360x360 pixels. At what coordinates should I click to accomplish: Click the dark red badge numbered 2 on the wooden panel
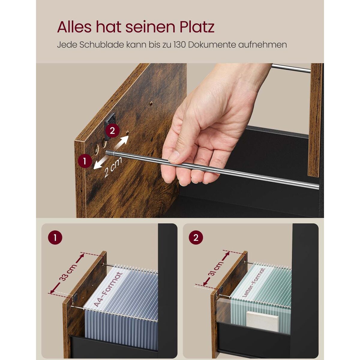pos(112,131)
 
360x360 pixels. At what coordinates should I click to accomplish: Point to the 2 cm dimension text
pos(113,167)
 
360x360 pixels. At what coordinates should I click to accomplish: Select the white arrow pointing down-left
pos(100,163)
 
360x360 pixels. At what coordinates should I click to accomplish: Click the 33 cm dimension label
pos(68,273)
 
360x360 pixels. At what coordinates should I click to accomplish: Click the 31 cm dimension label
pos(216,268)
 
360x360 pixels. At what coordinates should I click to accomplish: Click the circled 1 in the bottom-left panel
pos(55,238)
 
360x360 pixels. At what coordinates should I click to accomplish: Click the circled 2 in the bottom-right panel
pos(196,238)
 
